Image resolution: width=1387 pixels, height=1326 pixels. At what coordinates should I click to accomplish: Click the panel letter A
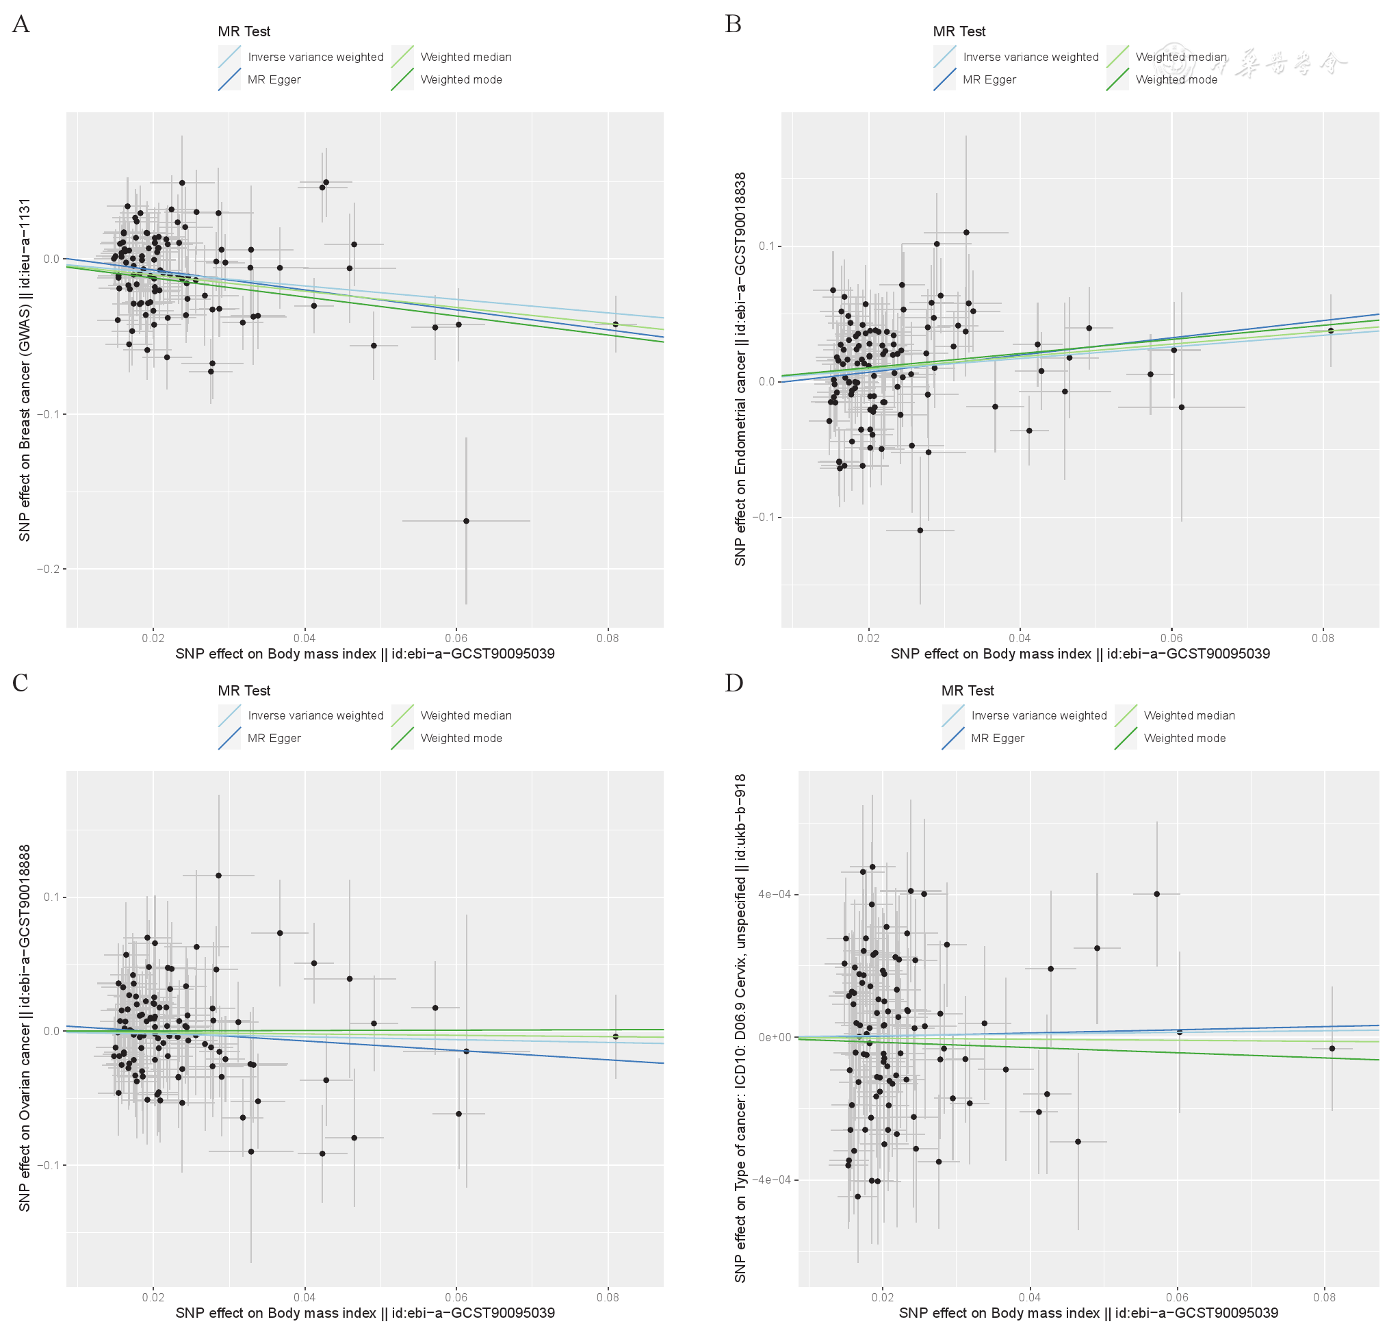click(21, 25)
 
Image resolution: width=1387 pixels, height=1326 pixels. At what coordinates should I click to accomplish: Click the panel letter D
click(734, 683)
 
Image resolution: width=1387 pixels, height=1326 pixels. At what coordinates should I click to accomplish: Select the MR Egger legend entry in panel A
click(274, 80)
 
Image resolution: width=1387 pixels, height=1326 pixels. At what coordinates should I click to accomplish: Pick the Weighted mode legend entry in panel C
click(461, 739)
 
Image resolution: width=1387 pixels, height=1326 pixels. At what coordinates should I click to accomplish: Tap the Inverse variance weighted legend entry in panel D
click(1038, 716)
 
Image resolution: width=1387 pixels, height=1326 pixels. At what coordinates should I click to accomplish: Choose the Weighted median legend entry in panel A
click(465, 58)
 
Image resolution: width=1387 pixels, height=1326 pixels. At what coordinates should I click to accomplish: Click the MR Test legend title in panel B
click(958, 31)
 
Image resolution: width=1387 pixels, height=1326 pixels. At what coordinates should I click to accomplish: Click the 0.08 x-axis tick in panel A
click(607, 638)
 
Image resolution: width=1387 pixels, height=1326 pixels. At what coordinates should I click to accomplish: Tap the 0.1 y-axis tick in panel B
click(766, 246)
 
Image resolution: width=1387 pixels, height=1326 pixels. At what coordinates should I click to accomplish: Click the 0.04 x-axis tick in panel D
click(1030, 1297)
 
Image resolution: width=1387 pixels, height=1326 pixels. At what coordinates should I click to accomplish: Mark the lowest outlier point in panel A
click(465, 521)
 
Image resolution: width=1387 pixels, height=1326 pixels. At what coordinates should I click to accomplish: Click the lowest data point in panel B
click(920, 530)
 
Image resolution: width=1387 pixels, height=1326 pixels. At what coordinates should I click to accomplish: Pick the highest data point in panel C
click(218, 876)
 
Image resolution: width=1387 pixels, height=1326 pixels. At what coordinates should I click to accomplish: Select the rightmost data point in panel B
click(1330, 331)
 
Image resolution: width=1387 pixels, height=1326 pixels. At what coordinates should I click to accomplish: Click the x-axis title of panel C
click(365, 1312)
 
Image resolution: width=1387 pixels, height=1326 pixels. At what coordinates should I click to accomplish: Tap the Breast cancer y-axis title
click(25, 370)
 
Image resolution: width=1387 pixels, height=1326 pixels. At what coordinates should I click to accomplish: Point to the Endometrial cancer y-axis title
click(740, 369)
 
